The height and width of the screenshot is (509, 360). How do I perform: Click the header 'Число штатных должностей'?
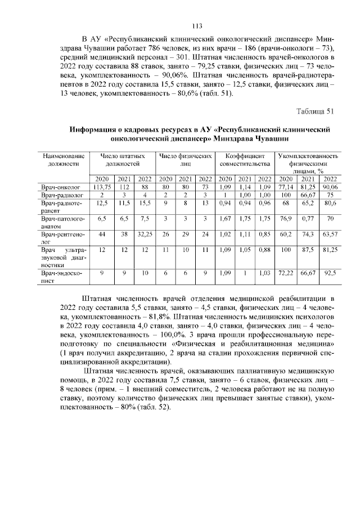coord(123,160)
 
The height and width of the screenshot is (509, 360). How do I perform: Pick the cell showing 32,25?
coord(145,233)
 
